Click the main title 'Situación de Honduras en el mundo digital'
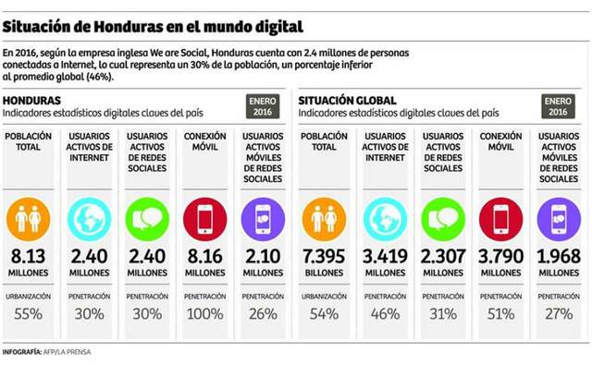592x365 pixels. click(x=153, y=20)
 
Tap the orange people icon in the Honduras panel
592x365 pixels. click(x=30, y=219)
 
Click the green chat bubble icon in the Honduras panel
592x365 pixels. click(x=147, y=219)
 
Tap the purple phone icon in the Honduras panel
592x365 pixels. click(x=263, y=219)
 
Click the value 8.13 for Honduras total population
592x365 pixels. click(x=30, y=257)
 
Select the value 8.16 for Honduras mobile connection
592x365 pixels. click(x=205, y=257)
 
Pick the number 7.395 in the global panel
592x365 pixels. click(x=324, y=257)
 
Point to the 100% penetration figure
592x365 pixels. click(x=205, y=314)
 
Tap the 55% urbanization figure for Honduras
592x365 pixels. click(x=30, y=314)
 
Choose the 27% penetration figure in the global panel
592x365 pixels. click(x=559, y=314)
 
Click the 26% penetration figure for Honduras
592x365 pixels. click(x=263, y=314)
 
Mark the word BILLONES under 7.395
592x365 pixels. click(x=324, y=274)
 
